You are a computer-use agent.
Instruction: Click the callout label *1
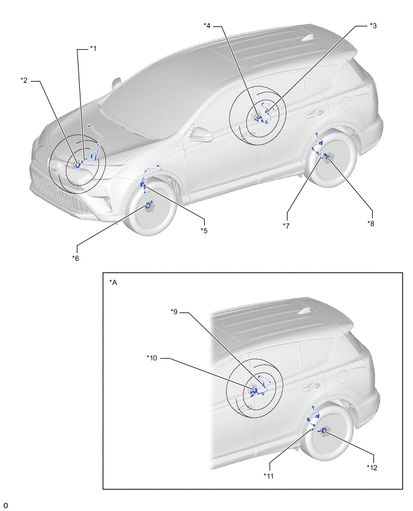pyautogui.click(x=93, y=49)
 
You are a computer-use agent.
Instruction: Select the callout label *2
pyautogui.click(x=24, y=80)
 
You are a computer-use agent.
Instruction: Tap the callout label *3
pyautogui.click(x=373, y=25)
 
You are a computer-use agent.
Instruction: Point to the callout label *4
pyautogui.click(x=207, y=25)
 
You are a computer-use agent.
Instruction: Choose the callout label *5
pyautogui.click(x=204, y=231)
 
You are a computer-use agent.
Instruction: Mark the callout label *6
pyautogui.click(x=76, y=258)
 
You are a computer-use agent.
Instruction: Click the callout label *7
pyautogui.click(x=286, y=226)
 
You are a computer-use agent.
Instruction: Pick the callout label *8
pyautogui.click(x=370, y=223)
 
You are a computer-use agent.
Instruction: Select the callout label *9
pyautogui.click(x=174, y=312)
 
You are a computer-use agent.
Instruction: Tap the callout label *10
pyautogui.click(x=152, y=358)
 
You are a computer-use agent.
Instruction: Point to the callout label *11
pyautogui.click(x=268, y=476)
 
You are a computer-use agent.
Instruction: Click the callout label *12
pyautogui.click(x=372, y=468)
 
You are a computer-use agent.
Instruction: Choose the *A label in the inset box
pyautogui.click(x=113, y=282)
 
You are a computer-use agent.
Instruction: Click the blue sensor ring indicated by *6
pyautogui.click(x=149, y=205)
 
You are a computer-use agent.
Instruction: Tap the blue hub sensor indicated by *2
pyautogui.click(x=78, y=165)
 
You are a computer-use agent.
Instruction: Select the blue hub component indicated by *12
pyautogui.click(x=324, y=431)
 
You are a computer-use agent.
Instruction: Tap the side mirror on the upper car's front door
pyautogui.click(x=200, y=134)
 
